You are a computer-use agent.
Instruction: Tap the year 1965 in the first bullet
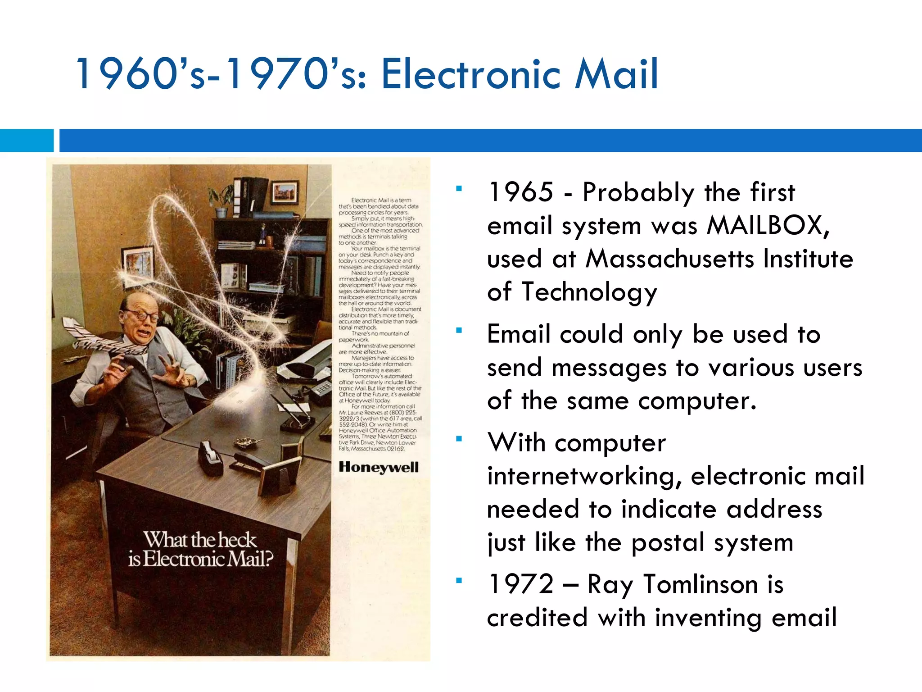click(x=521, y=192)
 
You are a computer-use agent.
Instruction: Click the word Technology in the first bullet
click(x=589, y=292)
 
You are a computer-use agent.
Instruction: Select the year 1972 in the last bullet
click(x=521, y=584)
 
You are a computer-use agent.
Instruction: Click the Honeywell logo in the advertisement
click(x=379, y=467)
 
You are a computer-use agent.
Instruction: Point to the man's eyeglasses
click(x=140, y=315)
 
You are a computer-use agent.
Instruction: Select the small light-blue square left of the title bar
click(x=26, y=141)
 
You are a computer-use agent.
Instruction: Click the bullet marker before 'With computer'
click(x=459, y=439)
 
